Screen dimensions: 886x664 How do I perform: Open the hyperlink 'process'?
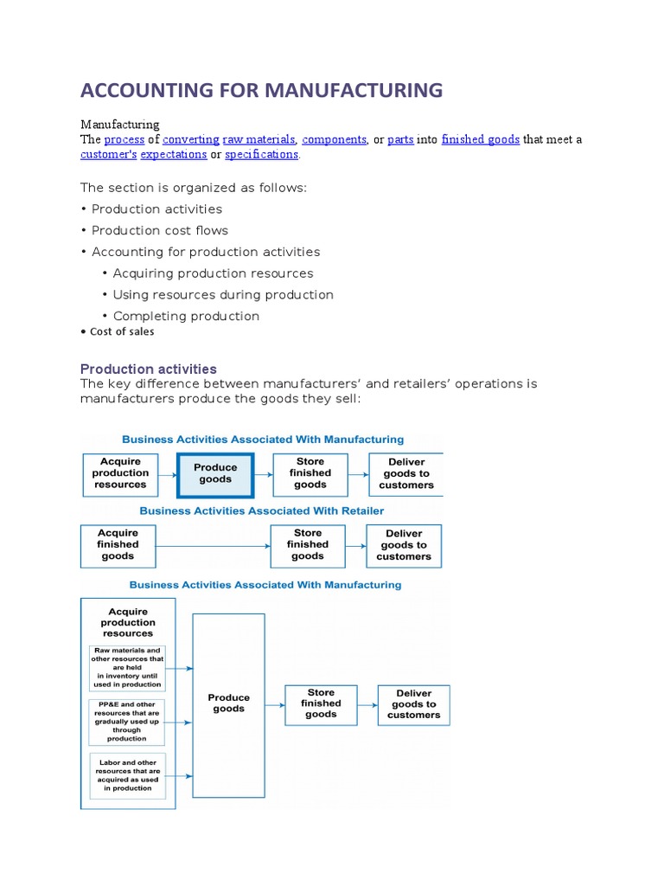coord(124,139)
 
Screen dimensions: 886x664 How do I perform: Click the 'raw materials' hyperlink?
coord(259,139)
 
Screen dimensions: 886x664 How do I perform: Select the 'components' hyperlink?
coord(334,139)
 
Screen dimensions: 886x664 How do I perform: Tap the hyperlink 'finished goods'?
coord(480,139)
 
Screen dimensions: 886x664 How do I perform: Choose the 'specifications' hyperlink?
coord(261,154)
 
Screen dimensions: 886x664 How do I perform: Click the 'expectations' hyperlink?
coord(173,154)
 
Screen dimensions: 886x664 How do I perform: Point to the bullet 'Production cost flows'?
coord(160,230)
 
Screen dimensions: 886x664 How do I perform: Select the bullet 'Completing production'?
coord(186,316)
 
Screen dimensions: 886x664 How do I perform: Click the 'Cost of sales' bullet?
coord(122,331)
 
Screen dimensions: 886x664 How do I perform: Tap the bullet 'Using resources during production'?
coord(223,294)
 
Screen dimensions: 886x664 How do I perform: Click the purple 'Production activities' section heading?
coord(148,369)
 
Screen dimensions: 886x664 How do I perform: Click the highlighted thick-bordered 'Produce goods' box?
coord(215,474)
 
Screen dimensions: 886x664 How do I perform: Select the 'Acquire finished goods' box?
coord(118,545)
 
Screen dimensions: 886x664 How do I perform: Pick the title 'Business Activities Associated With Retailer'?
coord(262,510)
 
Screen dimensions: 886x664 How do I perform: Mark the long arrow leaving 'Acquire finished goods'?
coord(212,546)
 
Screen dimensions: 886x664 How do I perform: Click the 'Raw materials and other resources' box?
coord(127,667)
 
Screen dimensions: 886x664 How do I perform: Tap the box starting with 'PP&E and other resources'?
coord(127,722)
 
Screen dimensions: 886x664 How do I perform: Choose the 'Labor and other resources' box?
coord(127,776)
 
